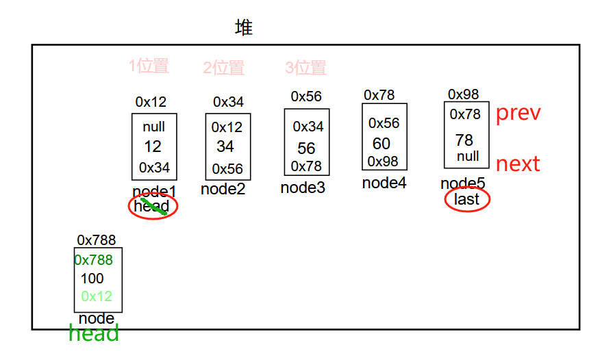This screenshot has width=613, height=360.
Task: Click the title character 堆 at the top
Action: [x=244, y=28]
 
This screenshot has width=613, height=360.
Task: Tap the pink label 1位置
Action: [x=149, y=66]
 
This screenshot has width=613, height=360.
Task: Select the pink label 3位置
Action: [x=305, y=68]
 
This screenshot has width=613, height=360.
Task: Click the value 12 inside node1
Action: [x=153, y=146]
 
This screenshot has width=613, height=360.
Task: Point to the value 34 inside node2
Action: [x=225, y=146]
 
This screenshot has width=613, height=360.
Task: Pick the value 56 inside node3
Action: [x=306, y=149]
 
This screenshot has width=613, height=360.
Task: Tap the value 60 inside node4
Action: [x=381, y=144]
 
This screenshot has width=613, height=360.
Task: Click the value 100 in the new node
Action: [x=92, y=279]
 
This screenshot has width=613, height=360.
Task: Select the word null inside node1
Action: [x=154, y=127]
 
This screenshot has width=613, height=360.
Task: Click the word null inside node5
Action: [x=468, y=156]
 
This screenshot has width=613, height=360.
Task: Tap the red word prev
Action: [x=518, y=113]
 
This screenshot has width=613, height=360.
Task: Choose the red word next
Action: [x=518, y=164]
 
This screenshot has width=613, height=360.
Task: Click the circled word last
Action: [x=467, y=199]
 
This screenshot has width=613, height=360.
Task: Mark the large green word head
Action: [x=94, y=333]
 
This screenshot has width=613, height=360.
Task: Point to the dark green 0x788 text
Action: [x=94, y=260]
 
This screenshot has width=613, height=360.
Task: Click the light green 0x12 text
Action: [x=97, y=296]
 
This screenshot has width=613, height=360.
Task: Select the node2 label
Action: [x=223, y=190]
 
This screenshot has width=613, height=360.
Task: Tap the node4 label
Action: [x=384, y=183]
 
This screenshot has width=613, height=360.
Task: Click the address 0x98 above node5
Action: [x=464, y=94]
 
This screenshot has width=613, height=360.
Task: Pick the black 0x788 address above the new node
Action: [x=97, y=240]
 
